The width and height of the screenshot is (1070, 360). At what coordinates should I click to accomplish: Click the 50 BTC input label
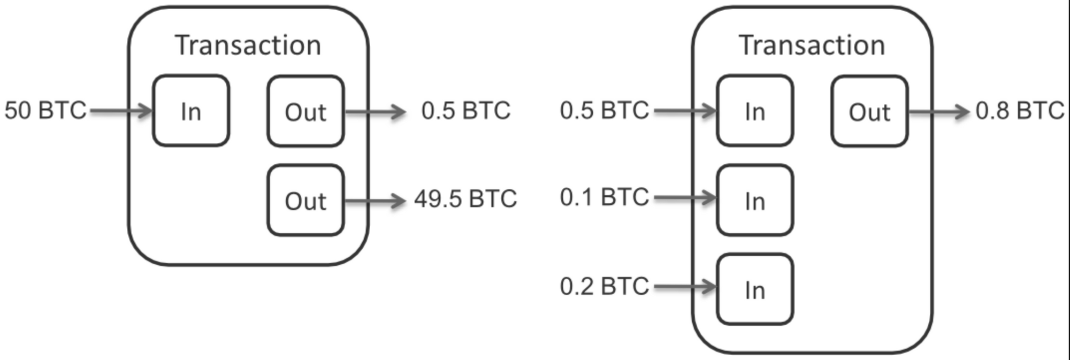(x=45, y=111)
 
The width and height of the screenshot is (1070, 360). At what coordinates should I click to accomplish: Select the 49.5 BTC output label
(x=465, y=199)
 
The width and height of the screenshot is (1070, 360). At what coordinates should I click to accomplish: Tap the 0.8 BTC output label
(x=1020, y=111)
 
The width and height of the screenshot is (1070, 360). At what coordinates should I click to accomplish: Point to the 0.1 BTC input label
(x=605, y=197)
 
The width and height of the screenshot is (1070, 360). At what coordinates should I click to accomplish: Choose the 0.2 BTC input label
(x=605, y=287)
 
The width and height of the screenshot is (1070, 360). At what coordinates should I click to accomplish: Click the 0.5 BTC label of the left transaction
(x=466, y=111)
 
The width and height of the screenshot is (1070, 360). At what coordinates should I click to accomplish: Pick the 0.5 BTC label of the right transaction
(x=605, y=111)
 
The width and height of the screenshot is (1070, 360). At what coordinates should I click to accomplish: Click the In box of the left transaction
(x=191, y=111)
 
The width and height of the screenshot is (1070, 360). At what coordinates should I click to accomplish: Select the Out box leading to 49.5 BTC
(x=305, y=200)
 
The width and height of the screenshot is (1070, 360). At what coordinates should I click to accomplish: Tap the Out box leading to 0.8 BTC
(x=869, y=111)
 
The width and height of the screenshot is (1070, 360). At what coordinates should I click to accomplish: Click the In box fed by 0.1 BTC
(x=755, y=200)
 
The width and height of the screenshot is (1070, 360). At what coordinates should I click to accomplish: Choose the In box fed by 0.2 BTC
(x=755, y=289)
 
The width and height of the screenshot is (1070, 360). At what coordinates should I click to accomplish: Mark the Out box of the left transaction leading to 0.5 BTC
(x=305, y=111)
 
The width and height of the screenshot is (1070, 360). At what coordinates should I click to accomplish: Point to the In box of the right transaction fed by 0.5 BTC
(x=755, y=111)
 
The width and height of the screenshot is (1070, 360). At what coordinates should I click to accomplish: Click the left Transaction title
(x=248, y=45)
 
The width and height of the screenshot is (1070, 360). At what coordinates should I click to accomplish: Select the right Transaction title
(x=812, y=45)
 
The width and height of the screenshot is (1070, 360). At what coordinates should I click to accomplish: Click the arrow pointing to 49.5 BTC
(x=375, y=201)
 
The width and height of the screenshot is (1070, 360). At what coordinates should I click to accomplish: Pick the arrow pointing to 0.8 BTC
(x=939, y=112)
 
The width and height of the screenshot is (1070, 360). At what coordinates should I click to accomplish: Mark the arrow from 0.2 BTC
(x=685, y=287)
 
